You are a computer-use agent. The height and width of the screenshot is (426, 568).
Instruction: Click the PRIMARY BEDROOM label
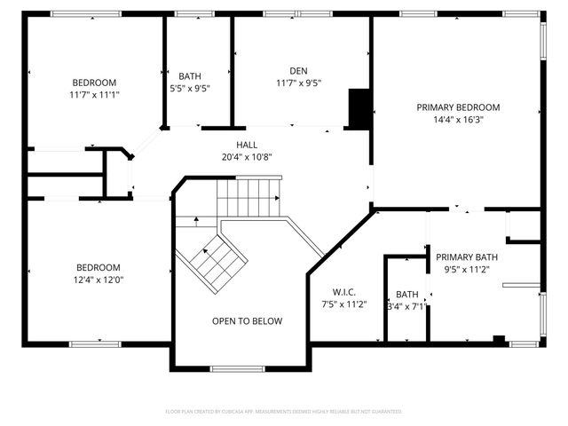pyautogui.click(x=458, y=107)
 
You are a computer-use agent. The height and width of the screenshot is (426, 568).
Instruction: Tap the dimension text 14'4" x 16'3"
pyautogui.click(x=458, y=120)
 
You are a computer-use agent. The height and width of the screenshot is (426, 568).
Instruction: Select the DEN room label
pyautogui.click(x=298, y=71)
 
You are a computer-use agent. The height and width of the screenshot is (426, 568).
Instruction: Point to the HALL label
pyautogui.click(x=247, y=145)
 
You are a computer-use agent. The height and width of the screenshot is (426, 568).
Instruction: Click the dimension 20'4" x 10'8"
pyautogui.click(x=247, y=157)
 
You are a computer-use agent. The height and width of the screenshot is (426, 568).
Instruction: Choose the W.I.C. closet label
pyautogui.click(x=344, y=291)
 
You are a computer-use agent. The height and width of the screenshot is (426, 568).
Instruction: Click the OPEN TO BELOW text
pyautogui.click(x=247, y=321)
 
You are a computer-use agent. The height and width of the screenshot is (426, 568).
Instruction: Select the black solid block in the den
pyautogui.click(x=359, y=109)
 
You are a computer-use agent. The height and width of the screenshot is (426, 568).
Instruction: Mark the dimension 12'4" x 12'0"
pyautogui.click(x=99, y=280)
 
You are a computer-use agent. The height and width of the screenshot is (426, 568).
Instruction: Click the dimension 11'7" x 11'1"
pyautogui.click(x=94, y=94)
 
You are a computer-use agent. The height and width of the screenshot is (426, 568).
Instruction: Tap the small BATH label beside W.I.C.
pyautogui.click(x=406, y=295)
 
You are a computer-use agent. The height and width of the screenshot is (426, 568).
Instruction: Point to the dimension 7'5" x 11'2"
pyautogui.click(x=344, y=304)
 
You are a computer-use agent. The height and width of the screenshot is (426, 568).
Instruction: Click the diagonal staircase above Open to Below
pyautogui.click(x=213, y=260)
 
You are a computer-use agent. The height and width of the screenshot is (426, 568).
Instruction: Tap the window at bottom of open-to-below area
pyautogui.click(x=231, y=368)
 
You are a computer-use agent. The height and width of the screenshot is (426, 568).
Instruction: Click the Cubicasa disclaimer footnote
pyautogui.click(x=284, y=412)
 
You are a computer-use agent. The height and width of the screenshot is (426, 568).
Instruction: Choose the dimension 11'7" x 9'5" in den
pyautogui.click(x=298, y=83)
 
